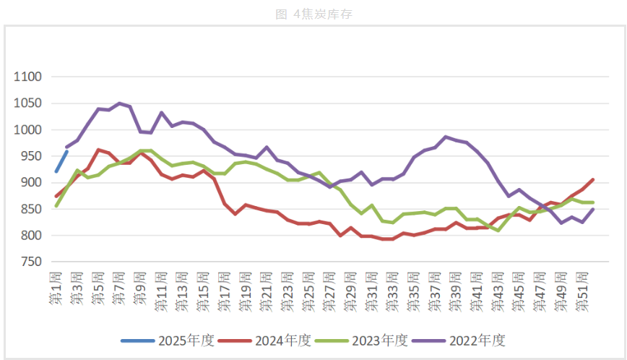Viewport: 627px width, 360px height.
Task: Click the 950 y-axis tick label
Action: tap(31, 156)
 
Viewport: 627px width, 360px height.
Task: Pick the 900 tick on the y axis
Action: tap(31, 183)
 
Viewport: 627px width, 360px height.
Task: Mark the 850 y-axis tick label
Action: tap(31, 209)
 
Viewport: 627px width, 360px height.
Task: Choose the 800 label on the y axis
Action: tap(31, 236)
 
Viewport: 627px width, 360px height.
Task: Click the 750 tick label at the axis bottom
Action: tap(31, 262)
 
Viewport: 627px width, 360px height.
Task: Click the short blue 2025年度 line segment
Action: tap(61, 160)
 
